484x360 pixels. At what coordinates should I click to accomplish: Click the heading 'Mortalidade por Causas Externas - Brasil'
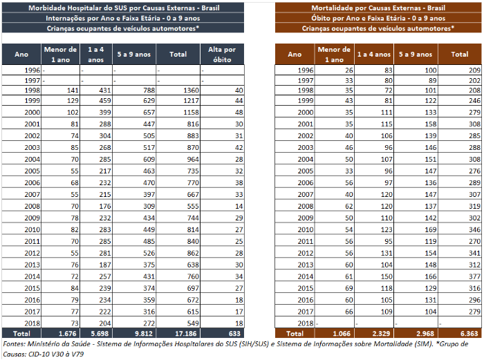point(378,7)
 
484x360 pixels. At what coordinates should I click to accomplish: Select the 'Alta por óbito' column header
point(221,53)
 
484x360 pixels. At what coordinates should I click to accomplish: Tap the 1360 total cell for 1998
point(183,90)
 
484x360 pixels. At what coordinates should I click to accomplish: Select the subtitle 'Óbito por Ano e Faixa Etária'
point(378,17)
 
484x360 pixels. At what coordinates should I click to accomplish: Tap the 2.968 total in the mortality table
point(420,332)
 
